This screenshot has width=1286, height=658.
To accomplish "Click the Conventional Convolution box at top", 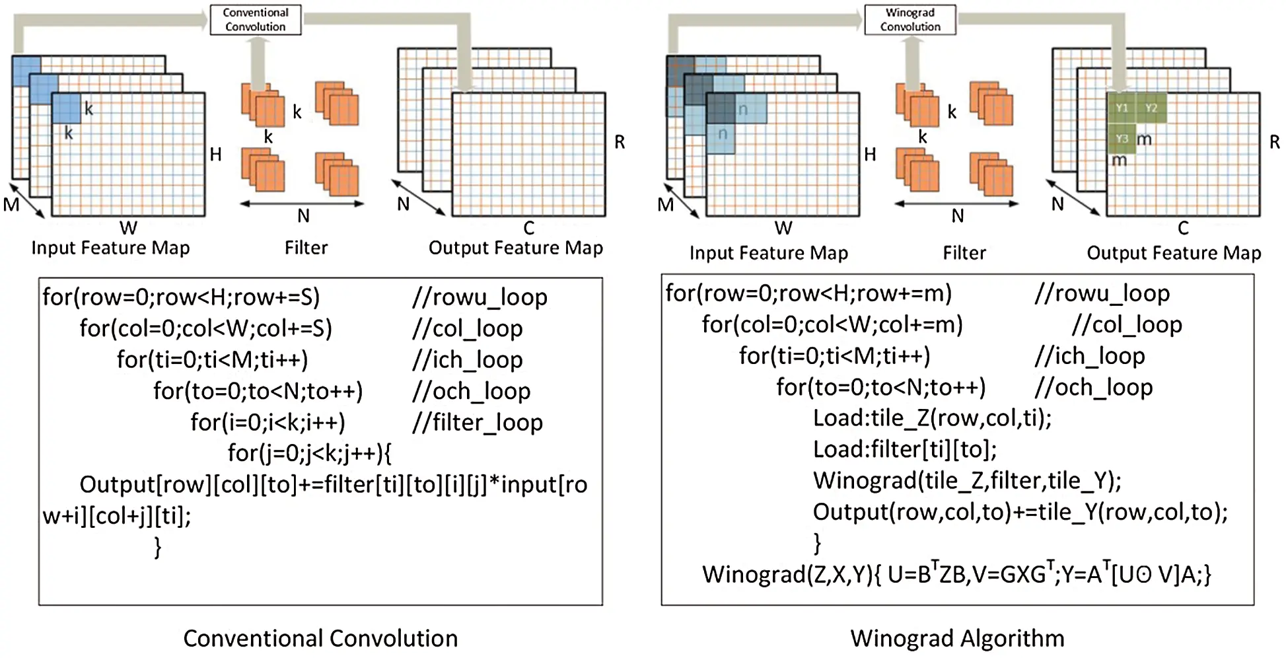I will [x=255, y=20].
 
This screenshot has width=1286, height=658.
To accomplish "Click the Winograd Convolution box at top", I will [x=910, y=20].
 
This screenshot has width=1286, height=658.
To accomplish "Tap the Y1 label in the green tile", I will [x=1122, y=108].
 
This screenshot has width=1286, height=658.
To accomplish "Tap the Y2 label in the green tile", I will [x=1151, y=108].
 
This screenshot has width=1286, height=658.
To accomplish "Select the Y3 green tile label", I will [x=1122, y=138].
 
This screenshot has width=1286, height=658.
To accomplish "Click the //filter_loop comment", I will [x=477, y=422].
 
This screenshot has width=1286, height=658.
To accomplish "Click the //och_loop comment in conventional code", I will [x=471, y=391].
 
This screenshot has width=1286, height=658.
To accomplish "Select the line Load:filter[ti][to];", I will [x=904, y=449].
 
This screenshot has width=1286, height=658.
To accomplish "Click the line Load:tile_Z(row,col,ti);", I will [x=931, y=418].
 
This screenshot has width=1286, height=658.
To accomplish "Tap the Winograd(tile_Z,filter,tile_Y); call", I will [x=966, y=480].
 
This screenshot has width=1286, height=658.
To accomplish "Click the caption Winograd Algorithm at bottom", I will [x=956, y=638].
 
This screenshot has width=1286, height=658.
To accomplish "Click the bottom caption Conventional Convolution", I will [x=320, y=638].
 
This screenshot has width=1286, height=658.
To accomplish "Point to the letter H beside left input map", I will [x=215, y=155].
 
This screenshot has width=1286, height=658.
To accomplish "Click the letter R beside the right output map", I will [x=1274, y=142].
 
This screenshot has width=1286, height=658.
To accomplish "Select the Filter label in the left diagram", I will [x=306, y=248].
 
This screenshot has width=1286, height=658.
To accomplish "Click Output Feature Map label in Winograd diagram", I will [x=1173, y=253].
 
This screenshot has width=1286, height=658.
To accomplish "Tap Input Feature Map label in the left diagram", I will [x=110, y=248].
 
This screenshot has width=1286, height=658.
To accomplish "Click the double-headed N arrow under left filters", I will [x=302, y=203].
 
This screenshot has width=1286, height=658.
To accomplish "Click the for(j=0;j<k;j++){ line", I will [x=309, y=453].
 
